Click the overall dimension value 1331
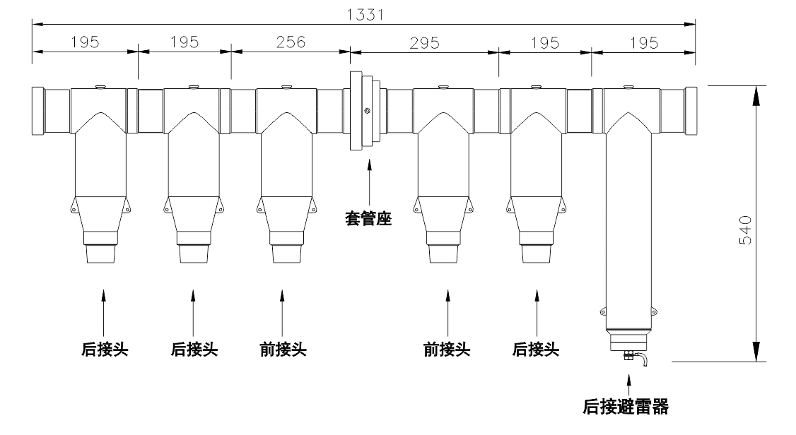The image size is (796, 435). click(365, 14)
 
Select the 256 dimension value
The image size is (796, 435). click(291, 42)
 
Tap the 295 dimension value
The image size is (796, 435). click(424, 42)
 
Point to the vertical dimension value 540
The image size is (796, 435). click(744, 230)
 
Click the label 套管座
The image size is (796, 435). click(368, 219)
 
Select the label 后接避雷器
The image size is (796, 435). click(626, 407)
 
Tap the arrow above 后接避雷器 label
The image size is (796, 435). click(629, 385)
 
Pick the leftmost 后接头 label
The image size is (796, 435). click(105, 350)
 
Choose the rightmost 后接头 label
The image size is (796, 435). click(536, 350)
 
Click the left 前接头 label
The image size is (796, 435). click(283, 350)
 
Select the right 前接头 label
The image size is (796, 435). click(447, 350)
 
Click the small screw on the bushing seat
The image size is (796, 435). click(367, 111)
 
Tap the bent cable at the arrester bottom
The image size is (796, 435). click(643, 359)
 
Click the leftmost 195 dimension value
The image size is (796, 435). click(85, 42)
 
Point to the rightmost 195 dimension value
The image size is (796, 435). click(644, 42)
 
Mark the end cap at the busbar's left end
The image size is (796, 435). click(38, 111)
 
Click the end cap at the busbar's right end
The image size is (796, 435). click(691, 111)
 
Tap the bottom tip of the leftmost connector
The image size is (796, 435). click(100, 263)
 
